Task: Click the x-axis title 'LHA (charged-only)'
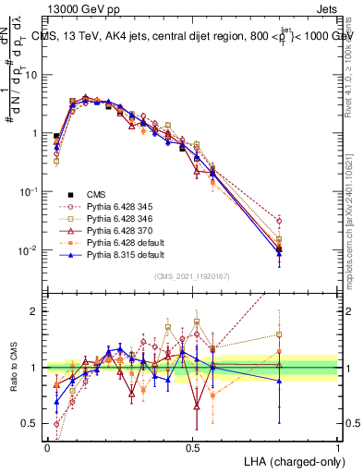tap(293, 460)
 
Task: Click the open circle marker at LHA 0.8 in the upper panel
tap(279, 221)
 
